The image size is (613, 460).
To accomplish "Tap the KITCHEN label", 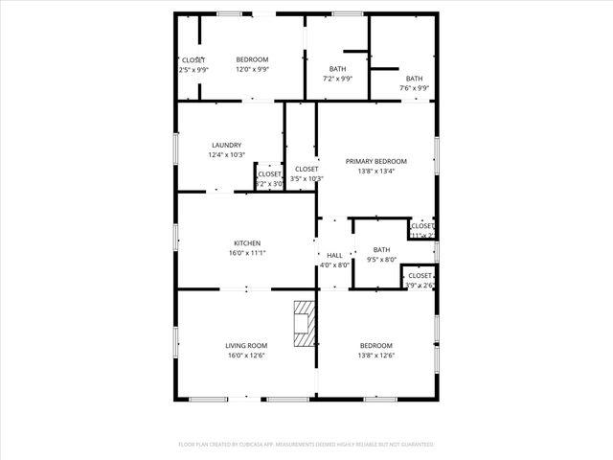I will click(x=247, y=243).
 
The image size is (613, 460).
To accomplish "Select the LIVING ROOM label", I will click(x=246, y=346).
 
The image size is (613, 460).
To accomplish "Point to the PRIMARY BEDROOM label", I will click(x=376, y=161).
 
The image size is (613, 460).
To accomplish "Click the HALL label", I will click(x=335, y=255).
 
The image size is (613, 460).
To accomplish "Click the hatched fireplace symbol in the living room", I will click(x=304, y=323).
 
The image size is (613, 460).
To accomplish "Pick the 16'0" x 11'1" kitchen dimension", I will click(x=247, y=254).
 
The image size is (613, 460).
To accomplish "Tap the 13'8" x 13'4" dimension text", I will click(x=376, y=172).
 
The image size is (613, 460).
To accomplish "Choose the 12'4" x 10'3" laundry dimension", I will click(x=227, y=155).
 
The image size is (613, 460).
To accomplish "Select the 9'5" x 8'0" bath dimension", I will click(x=382, y=260).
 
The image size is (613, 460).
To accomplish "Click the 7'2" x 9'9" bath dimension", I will click(x=338, y=79).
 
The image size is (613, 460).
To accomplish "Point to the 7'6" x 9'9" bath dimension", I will click(x=414, y=88).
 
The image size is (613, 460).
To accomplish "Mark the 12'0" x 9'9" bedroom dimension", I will click(x=253, y=69).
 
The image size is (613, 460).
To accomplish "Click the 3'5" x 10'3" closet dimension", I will click(x=307, y=178).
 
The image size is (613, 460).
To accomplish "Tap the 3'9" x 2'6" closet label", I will click(x=420, y=285).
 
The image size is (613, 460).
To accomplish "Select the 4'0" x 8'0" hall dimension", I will click(x=335, y=264).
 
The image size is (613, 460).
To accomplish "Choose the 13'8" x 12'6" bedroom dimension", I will click(x=376, y=356).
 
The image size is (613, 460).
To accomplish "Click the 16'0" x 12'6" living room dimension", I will click(x=246, y=356).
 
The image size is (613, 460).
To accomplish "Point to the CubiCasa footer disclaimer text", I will click(x=306, y=445).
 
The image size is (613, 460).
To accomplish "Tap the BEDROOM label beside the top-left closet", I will click(x=253, y=59).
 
